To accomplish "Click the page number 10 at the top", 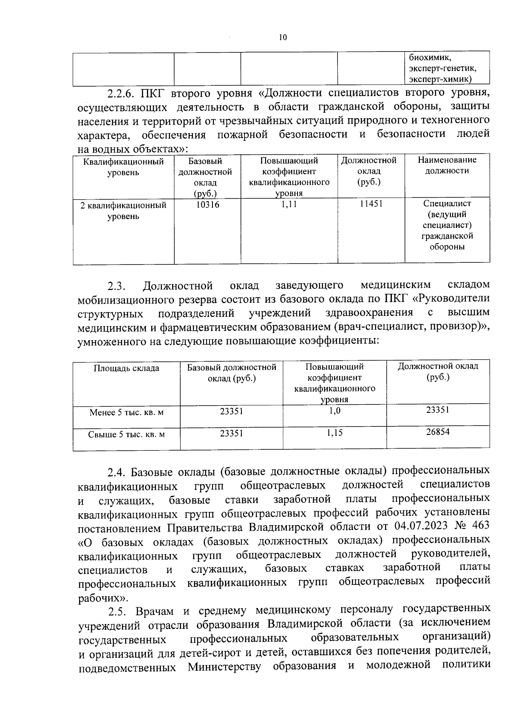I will click(283, 37).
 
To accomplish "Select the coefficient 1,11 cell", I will click(289, 205).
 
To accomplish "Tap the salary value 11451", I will click(371, 204).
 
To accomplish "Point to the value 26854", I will click(438, 432).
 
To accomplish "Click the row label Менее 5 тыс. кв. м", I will click(126, 412).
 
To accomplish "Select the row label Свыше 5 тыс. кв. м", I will click(126, 435).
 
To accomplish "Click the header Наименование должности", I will click(447, 165).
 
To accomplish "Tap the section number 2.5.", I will click(118, 611).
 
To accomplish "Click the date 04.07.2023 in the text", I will click(421, 526).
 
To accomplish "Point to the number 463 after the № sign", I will click(480, 525).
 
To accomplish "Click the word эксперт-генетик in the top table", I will click(442, 68).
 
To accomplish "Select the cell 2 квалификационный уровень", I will click(123, 211).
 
